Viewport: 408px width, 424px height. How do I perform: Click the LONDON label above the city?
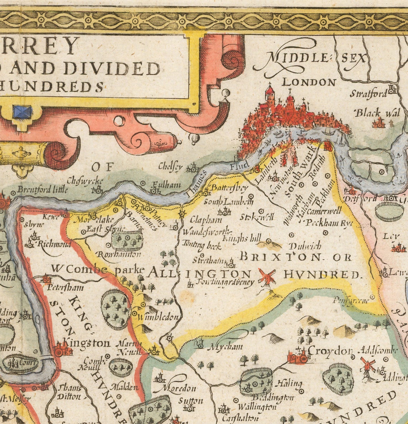[x=309, y=82]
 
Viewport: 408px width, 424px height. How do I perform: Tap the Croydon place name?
[x=330, y=350]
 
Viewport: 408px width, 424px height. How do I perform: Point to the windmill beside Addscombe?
[x=367, y=365]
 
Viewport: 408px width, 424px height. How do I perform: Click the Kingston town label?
[x=86, y=343]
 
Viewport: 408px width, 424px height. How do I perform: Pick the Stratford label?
[x=368, y=94]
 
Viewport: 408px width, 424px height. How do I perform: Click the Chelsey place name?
[x=170, y=167]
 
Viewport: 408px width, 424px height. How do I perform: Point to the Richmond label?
[x=54, y=244]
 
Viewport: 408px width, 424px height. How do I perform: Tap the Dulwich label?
[x=305, y=246]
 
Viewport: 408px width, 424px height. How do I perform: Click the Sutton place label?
[x=190, y=400]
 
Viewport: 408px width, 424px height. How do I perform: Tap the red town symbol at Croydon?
[x=297, y=356]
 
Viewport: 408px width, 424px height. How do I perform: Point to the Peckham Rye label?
[x=329, y=223]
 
